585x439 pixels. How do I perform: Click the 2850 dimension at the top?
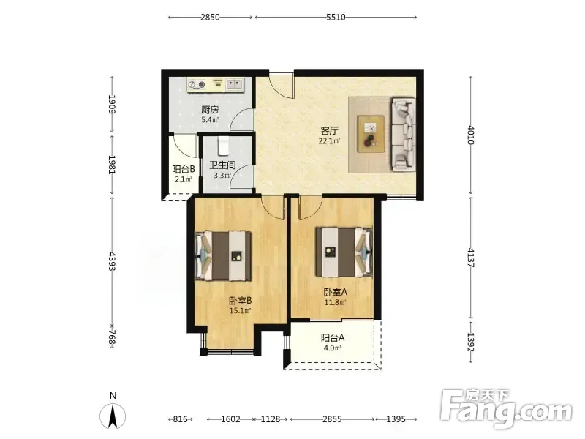pos(210,17)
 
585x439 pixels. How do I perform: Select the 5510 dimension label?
pos(336,17)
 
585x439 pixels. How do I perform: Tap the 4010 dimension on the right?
pos(471,135)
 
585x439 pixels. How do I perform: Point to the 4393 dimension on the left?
pos(112,261)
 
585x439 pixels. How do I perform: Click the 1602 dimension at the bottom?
pos(230,419)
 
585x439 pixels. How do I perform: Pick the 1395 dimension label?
pos(396,419)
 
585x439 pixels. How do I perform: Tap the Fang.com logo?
pos(506,409)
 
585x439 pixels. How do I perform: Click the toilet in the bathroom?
pos(223,146)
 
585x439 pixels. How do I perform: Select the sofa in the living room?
pos(404,135)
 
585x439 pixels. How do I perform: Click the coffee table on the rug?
pos(371,134)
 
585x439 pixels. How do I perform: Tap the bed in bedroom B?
pos(224,256)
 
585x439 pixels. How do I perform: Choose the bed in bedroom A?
pos(344,252)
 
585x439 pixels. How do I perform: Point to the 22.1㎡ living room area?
pos(329,141)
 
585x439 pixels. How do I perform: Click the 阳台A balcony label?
pos(333,338)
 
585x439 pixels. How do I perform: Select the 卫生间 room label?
pos(222,165)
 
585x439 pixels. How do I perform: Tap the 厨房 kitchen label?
pos(210,110)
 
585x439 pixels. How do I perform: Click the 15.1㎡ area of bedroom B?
pos(240,310)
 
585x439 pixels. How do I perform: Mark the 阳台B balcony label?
pos(184,170)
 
